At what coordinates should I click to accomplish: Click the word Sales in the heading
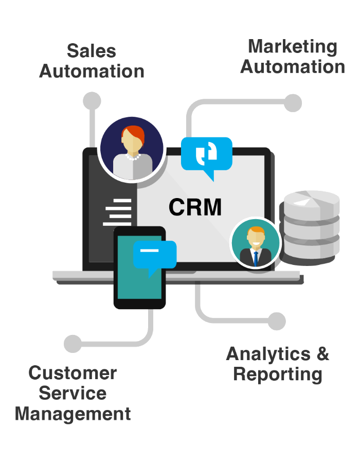pos(92,51)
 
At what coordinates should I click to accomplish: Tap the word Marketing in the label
pos(293,46)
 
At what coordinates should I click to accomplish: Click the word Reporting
pos(278,374)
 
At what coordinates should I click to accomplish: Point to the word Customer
pos(73,373)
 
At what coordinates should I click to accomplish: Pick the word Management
pos(73,414)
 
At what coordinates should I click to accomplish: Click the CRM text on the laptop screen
pos(195,207)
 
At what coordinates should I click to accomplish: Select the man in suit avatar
pos(255,243)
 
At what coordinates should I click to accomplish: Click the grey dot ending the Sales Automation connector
pos(92,101)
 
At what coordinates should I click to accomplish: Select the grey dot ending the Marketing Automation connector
pos(293,102)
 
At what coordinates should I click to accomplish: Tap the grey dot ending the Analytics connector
pos(277,321)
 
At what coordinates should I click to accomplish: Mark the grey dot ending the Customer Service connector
pos(73,344)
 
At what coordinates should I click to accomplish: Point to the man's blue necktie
pos(255,258)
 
